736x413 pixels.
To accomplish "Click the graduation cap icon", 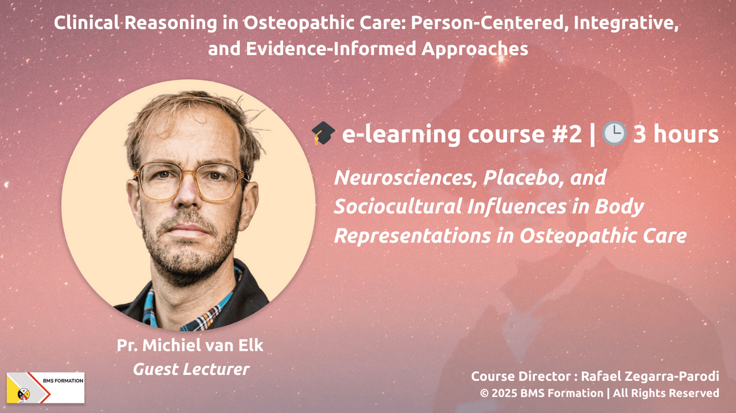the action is [x=323, y=133].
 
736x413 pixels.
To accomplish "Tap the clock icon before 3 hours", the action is [x=614, y=133].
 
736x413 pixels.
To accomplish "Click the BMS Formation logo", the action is [x=46, y=388].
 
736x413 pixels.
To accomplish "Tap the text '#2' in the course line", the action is [x=567, y=134].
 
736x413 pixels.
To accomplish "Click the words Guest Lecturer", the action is [x=191, y=369].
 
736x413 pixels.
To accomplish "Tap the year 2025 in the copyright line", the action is [x=504, y=393].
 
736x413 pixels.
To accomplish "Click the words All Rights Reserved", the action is [x=666, y=393].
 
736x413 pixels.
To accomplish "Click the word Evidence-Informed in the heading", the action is [x=331, y=49].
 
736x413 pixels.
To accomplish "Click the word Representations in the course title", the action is [x=412, y=236].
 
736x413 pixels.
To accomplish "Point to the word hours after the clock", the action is [x=686, y=134].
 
